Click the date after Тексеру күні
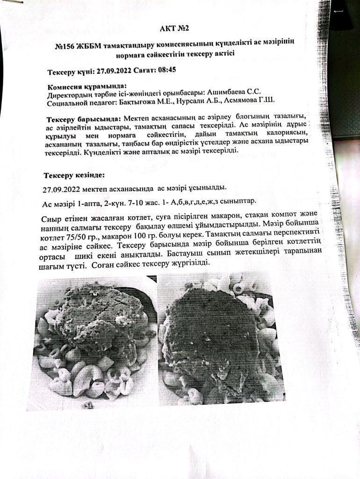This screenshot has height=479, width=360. point(115,72)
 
